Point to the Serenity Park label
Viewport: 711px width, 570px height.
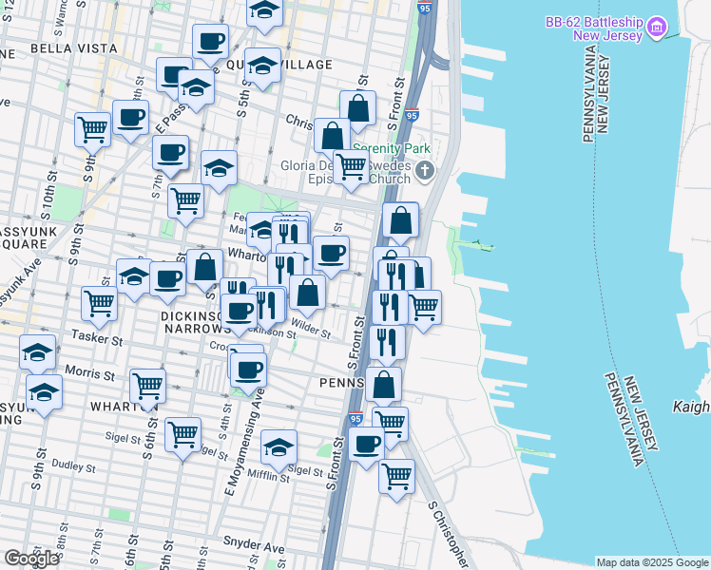click(392, 149)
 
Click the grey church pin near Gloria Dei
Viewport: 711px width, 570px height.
click(425, 171)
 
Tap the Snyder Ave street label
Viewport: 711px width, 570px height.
click(253, 548)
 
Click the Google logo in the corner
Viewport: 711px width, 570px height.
click(31, 559)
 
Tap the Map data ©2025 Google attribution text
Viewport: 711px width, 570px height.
click(651, 562)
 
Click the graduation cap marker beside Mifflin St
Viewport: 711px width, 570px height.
click(279, 446)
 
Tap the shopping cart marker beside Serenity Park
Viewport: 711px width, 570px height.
click(352, 168)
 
